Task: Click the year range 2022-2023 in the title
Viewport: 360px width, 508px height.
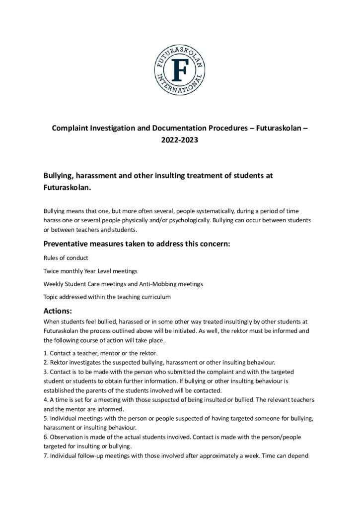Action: coord(179,140)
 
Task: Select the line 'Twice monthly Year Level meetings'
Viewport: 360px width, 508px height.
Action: coord(90,272)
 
